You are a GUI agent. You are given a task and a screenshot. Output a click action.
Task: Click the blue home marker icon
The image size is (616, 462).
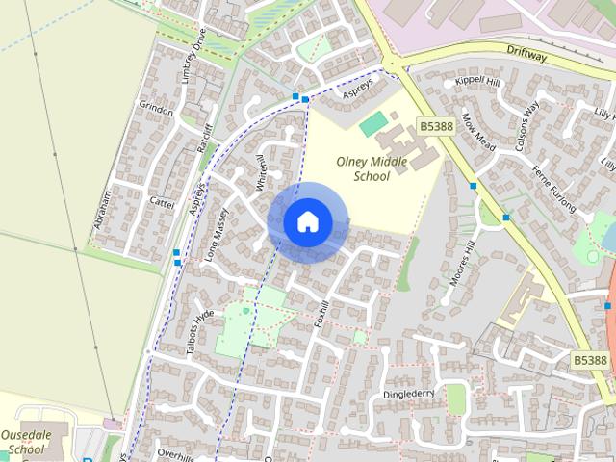tap(307, 221)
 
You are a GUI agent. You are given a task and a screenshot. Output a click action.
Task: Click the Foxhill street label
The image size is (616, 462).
tap(321, 315)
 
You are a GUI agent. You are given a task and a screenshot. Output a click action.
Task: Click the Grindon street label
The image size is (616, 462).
tap(156, 110)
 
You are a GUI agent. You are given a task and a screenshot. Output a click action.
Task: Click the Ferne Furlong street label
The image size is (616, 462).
tap(555, 190)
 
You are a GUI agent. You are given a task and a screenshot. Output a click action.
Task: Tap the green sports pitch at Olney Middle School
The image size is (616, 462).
tap(372, 124)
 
